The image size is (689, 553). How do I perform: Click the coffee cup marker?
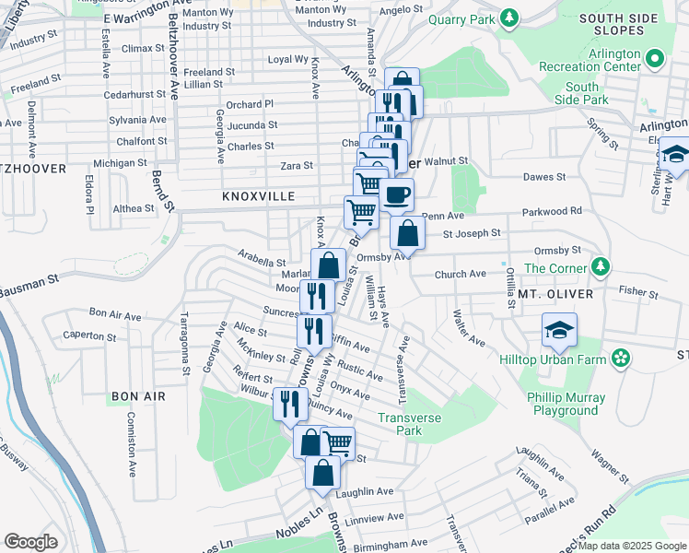coord(397,194)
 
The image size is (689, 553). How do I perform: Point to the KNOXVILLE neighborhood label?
coord(258,197)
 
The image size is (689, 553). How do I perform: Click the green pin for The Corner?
coord(601,267)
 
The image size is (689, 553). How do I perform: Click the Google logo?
coord(31,542)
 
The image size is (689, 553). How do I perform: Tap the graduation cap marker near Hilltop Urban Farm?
coord(559,330)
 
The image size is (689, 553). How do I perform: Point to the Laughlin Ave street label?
coord(365,491)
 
